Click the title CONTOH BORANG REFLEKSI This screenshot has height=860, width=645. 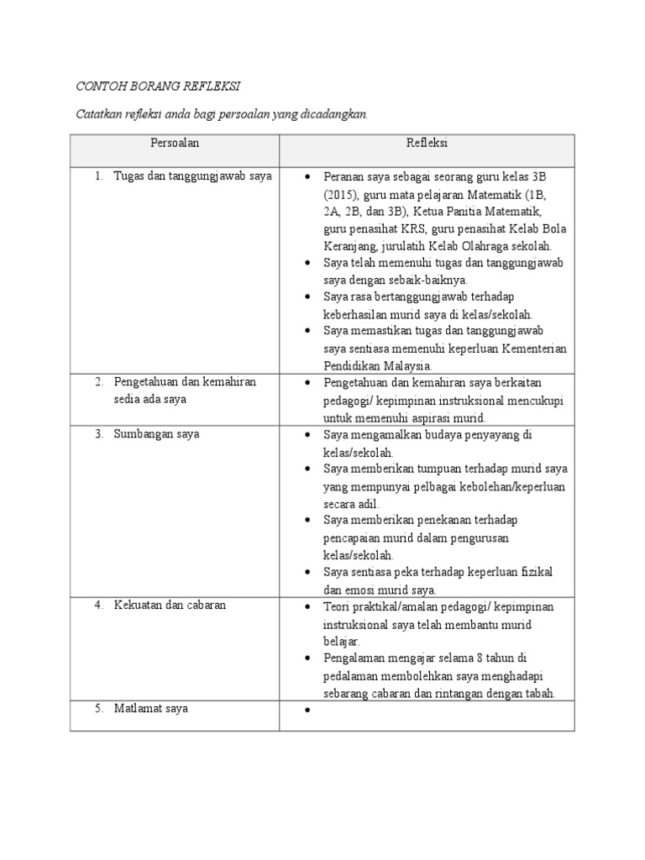(x=159, y=87)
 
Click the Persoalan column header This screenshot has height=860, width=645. (x=175, y=144)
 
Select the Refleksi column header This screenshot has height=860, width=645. (x=427, y=144)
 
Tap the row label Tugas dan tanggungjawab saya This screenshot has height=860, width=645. (x=193, y=177)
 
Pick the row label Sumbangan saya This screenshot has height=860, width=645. (x=157, y=434)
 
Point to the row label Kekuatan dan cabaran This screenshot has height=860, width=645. (x=170, y=605)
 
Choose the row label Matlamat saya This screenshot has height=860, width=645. (x=151, y=708)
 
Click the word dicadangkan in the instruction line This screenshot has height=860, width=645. (x=334, y=114)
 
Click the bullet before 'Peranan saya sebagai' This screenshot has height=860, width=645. (x=308, y=178)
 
